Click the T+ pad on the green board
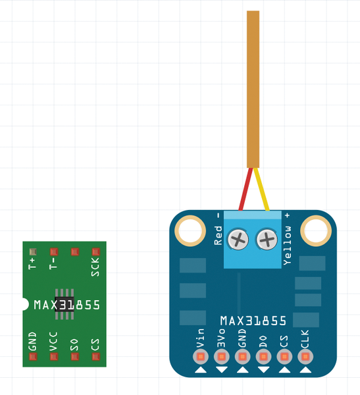click(33, 251)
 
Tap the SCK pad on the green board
click(95, 251)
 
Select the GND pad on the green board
click(33, 356)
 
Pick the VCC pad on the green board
click(54, 356)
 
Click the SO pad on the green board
click(75, 356)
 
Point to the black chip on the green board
click(64, 304)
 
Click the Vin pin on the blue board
click(201, 357)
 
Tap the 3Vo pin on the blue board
click(221, 357)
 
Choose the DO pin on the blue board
click(263, 357)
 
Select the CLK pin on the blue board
click(305, 357)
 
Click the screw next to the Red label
click(238, 240)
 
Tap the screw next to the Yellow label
click(267, 240)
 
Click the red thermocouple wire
click(245, 189)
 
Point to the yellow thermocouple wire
click(261, 189)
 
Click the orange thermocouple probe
click(253, 89)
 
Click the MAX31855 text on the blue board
click(253, 321)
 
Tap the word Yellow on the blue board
click(288, 246)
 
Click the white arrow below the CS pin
click(284, 370)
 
